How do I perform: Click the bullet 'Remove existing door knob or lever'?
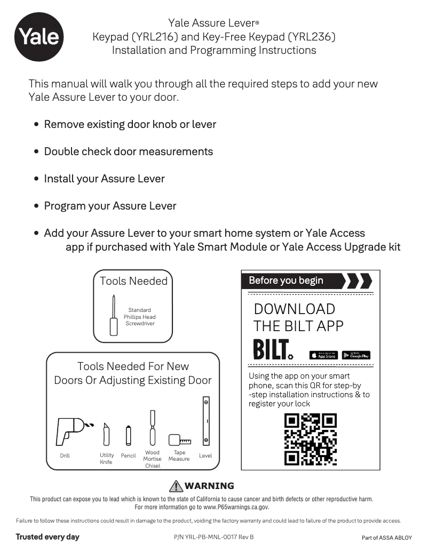click(x=130, y=124)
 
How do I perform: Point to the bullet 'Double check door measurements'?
click(x=128, y=151)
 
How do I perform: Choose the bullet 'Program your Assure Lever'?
click(x=110, y=206)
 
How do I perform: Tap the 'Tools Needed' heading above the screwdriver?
click(x=133, y=281)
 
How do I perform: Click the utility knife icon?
click(x=106, y=434)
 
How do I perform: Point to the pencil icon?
click(x=128, y=435)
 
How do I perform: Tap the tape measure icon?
click(x=179, y=440)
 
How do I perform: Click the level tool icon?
click(x=205, y=421)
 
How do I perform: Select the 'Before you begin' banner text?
click(x=286, y=280)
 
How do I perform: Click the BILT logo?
click(x=273, y=349)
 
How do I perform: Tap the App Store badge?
click(x=323, y=355)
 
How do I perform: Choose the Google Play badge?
click(x=356, y=355)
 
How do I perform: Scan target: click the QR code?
click(x=311, y=439)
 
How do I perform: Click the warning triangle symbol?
click(x=176, y=486)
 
